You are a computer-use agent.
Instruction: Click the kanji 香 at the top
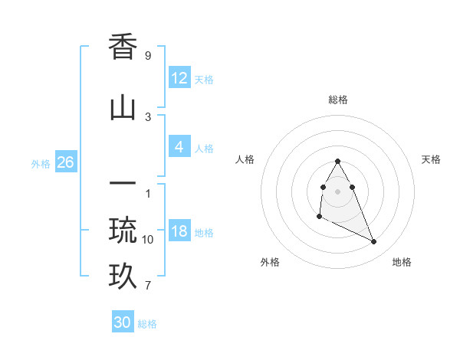coord(123,48)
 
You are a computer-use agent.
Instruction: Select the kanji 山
coord(123,109)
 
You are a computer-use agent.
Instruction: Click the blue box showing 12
coord(179,78)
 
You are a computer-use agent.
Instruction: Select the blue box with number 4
coord(179,147)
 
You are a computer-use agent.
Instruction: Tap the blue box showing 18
coord(179,231)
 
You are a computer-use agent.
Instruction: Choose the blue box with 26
coord(65,162)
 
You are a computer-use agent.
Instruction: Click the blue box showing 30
coord(123,322)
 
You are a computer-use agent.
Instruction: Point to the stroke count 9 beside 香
coord(147,56)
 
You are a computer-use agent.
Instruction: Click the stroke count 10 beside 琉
coord(148,240)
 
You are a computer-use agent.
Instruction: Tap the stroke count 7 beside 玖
coord(147,286)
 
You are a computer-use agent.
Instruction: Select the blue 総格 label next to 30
coord(147,324)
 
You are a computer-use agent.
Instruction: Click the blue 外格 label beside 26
coord(41,163)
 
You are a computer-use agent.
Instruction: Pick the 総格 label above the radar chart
coord(337,100)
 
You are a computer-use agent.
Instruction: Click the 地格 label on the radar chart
coord(402,262)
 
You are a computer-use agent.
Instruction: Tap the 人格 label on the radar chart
coord(245,159)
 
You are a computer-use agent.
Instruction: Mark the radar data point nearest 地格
coord(374,242)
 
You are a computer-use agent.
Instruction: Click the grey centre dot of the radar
coord(337,191)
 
